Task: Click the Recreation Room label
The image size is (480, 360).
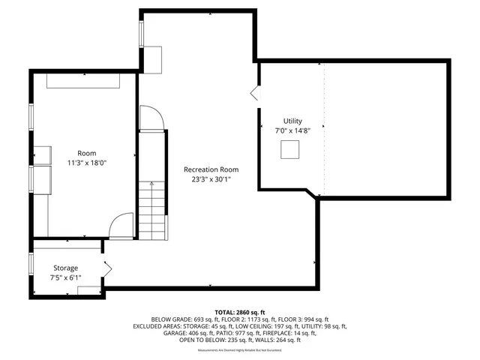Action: [211, 169]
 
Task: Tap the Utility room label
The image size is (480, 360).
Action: [292, 121]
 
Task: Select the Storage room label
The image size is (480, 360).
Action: [65, 268]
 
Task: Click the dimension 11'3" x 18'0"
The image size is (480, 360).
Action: [87, 162]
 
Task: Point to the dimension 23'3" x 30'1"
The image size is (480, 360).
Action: [211, 179]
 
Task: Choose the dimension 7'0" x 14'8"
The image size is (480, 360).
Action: [292, 130]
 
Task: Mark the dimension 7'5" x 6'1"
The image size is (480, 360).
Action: [65, 277]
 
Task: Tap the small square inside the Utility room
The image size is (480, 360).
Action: [289, 151]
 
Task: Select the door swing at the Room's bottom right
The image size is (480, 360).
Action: [122, 226]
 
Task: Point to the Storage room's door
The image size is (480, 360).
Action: [107, 268]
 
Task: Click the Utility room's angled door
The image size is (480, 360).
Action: [255, 92]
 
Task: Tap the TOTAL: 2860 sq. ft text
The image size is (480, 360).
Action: [239, 311]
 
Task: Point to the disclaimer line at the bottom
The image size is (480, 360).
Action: [239, 350]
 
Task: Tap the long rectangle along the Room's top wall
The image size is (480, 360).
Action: [85, 81]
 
